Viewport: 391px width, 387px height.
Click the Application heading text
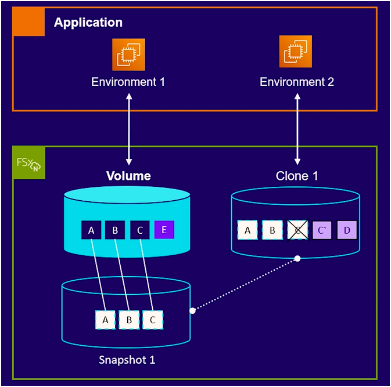pos(88,23)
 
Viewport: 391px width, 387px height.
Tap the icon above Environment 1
pos(128,55)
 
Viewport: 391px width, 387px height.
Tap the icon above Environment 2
pos(296,52)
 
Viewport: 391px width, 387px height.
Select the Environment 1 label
pos(128,82)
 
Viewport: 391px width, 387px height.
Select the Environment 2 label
pos(297,82)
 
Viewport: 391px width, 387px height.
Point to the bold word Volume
pos(128,176)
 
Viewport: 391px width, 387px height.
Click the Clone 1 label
pos(297,176)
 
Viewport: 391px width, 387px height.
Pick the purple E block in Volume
pos(164,230)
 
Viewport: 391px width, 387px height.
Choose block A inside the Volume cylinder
pos(91,230)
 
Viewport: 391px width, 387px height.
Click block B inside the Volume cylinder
pos(115,230)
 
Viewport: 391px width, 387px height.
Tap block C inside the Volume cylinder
pos(139,230)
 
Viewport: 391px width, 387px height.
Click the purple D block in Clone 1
pos(347,230)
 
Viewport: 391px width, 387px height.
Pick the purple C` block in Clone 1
pos(322,230)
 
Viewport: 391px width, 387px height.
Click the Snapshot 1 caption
pos(127,360)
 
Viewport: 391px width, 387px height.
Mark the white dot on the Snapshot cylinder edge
pos(192,310)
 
